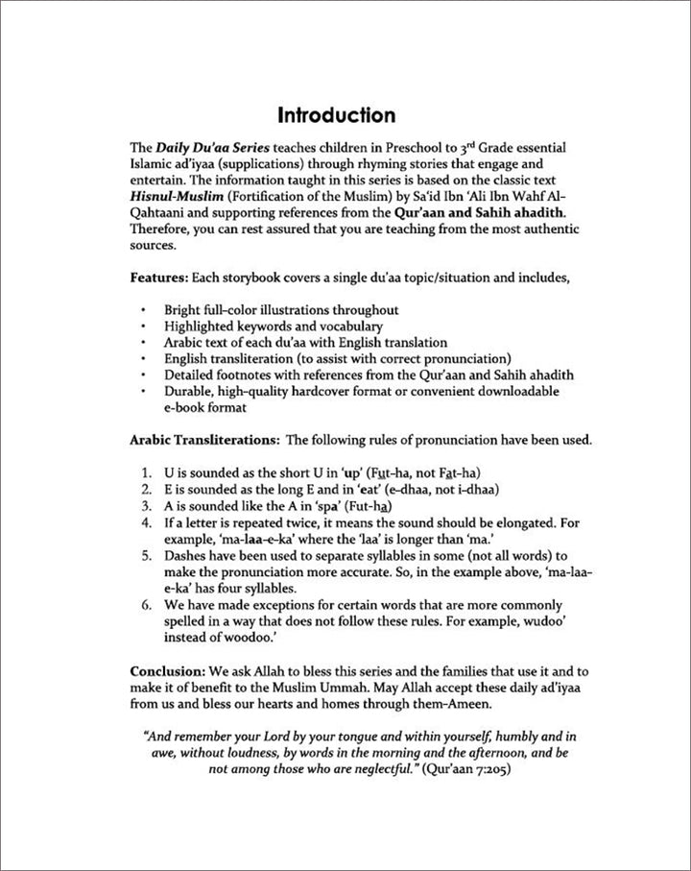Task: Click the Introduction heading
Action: coord(336,115)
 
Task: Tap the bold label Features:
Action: coord(158,278)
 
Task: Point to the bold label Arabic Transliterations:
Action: coord(203,441)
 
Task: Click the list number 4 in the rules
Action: coord(145,522)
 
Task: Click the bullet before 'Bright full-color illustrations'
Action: coord(143,310)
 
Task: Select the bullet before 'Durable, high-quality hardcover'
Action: coord(143,392)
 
